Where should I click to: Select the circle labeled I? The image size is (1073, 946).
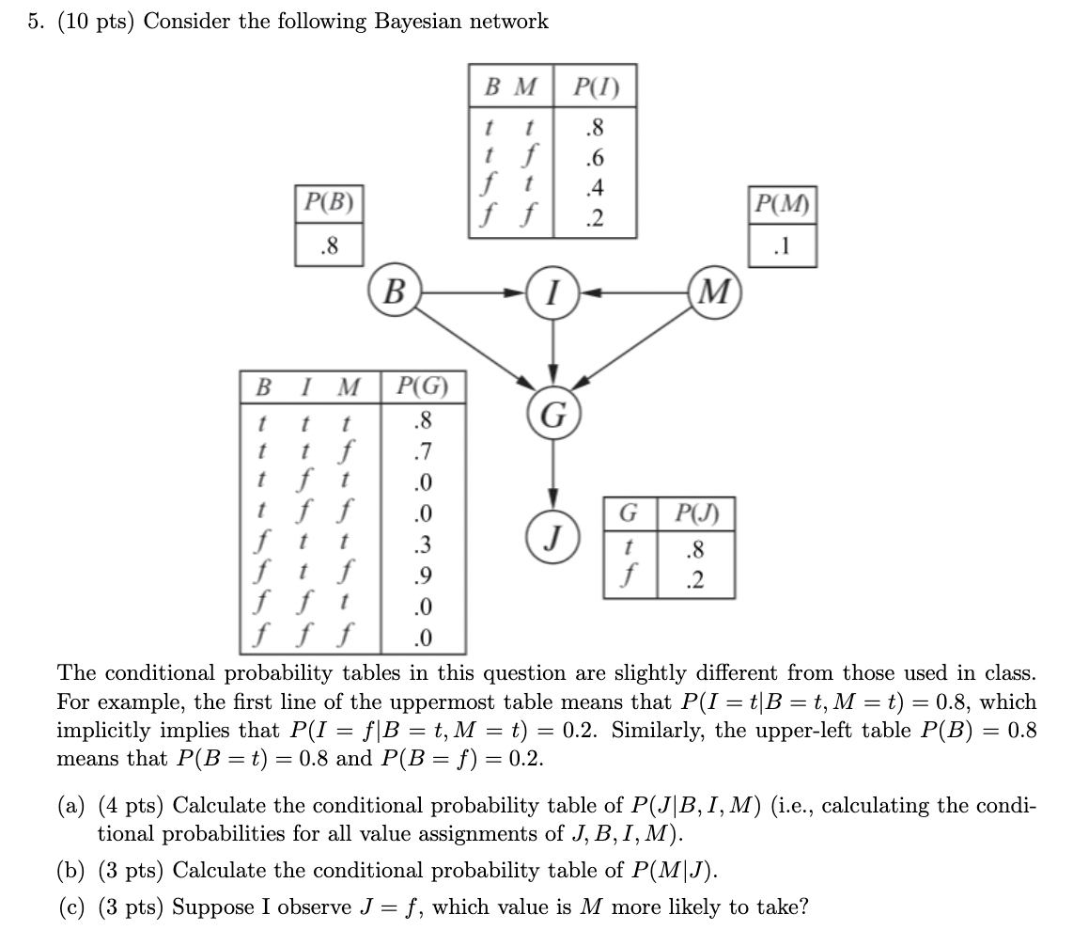point(552,292)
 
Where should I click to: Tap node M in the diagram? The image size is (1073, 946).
point(715,292)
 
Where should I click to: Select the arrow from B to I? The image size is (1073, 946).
point(470,292)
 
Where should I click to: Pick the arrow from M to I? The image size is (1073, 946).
point(634,292)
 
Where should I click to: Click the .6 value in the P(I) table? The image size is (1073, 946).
point(594,157)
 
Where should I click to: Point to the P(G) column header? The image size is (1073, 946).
point(423,386)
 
